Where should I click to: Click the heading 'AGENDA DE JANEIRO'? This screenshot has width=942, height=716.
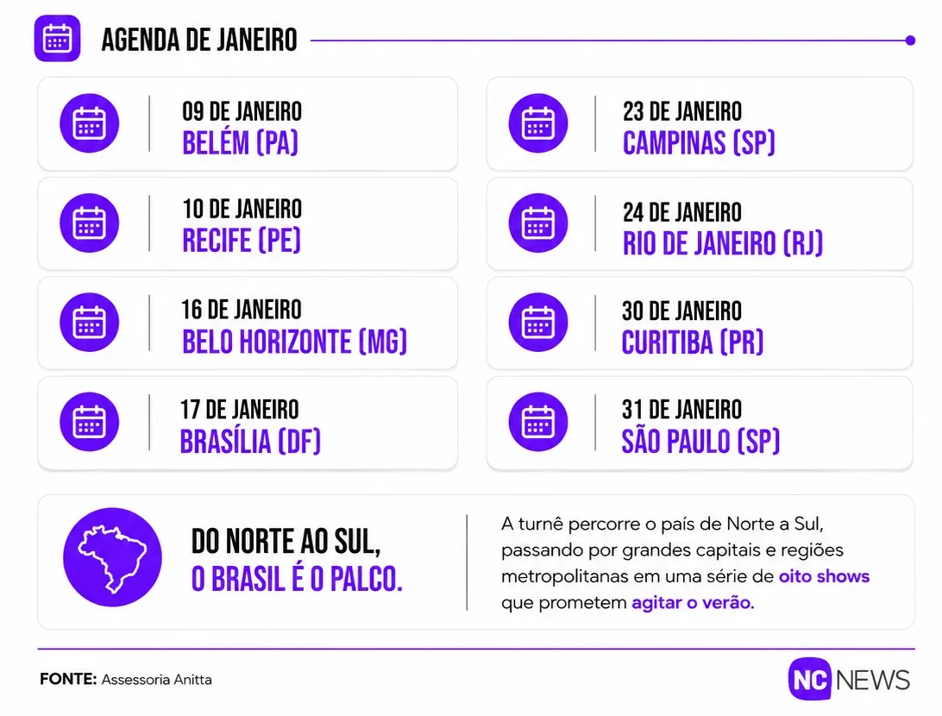click(x=199, y=41)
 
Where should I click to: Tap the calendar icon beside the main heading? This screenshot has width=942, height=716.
click(x=57, y=39)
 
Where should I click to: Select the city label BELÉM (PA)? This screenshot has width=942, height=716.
click(x=241, y=143)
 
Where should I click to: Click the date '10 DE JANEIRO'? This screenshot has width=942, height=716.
click(x=242, y=209)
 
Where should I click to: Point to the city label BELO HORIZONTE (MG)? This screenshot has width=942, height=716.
click(x=294, y=342)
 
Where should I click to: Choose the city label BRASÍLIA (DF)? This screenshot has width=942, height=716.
click(x=250, y=442)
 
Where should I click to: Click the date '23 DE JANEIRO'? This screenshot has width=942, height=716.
click(x=682, y=112)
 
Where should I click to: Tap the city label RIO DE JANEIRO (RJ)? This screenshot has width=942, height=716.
click(x=723, y=243)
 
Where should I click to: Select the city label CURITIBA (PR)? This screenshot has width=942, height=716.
click(x=693, y=342)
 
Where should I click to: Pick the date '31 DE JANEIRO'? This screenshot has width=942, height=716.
click(x=681, y=410)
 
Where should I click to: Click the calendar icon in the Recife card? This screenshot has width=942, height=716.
click(x=90, y=223)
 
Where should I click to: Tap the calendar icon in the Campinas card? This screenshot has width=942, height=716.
click(x=538, y=123)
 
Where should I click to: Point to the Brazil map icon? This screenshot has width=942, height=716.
click(x=112, y=557)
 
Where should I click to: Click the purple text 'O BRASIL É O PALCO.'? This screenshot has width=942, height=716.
click(x=297, y=579)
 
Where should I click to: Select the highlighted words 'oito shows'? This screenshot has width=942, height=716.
click(x=825, y=576)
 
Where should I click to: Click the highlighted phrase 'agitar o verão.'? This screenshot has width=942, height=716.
click(x=693, y=602)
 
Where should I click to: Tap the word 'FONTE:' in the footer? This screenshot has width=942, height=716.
click(x=68, y=680)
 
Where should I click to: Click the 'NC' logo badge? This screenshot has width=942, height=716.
click(x=810, y=679)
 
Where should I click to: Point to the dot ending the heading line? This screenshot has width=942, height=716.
click(x=910, y=41)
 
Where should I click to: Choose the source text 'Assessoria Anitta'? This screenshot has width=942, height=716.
click(x=157, y=680)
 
